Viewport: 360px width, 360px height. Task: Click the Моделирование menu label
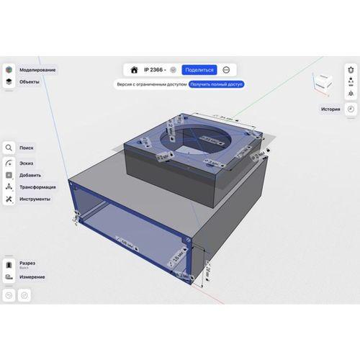click(x=37, y=70)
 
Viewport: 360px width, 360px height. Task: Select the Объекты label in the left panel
click(x=30, y=82)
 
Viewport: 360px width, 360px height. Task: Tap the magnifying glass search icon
click(x=9, y=148)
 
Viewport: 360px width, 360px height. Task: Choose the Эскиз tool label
click(x=27, y=162)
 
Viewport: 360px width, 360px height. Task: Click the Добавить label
click(x=30, y=174)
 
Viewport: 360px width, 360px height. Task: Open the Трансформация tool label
click(x=38, y=186)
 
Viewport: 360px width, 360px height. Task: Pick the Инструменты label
click(x=35, y=199)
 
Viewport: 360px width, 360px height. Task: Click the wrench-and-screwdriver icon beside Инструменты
click(x=9, y=199)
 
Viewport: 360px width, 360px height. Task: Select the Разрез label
click(x=28, y=264)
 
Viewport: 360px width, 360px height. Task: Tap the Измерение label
click(x=33, y=276)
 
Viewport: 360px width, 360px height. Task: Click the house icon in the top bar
click(x=134, y=70)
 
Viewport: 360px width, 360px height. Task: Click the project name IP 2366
click(x=154, y=70)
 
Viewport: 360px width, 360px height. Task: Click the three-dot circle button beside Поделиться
click(x=227, y=70)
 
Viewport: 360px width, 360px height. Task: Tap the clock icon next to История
click(x=350, y=109)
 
